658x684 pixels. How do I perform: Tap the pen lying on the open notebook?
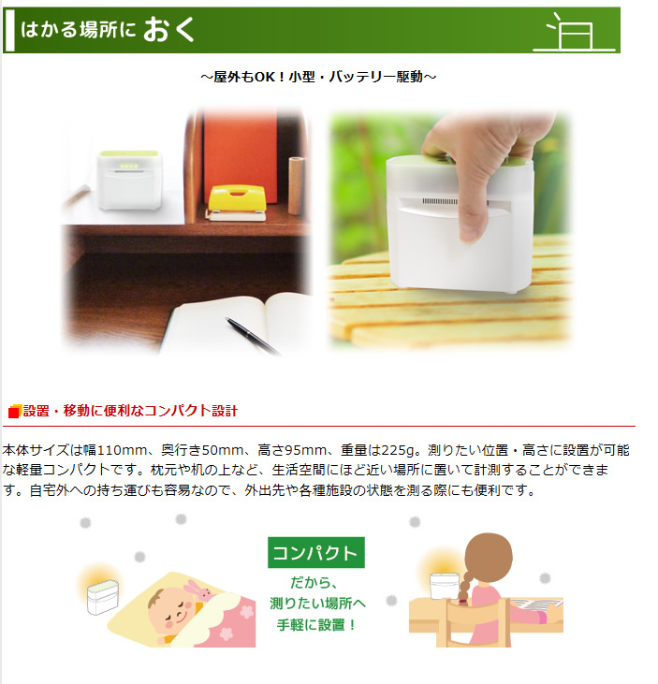pos(252,335)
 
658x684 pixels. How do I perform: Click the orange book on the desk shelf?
pos(240,155)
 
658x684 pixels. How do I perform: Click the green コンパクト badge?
pos(316,553)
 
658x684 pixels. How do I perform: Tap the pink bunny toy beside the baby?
pos(199,589)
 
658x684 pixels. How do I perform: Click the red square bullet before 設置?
pos(14,412)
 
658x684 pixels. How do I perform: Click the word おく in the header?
pos(168,30)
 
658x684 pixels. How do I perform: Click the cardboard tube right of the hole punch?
pos(296,185)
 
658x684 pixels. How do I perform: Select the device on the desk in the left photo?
pos(129,180)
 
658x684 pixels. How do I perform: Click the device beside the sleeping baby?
pos(103,597)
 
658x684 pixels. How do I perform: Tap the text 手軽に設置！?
pos(316,625)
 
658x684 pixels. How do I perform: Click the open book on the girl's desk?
pos(536,604)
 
